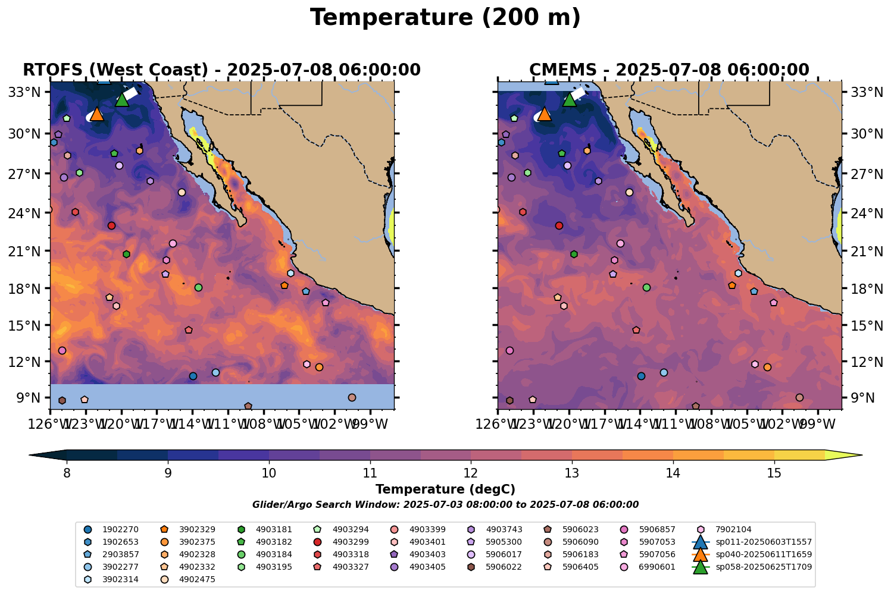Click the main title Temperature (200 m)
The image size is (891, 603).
[445, 18]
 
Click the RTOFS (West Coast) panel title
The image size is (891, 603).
[221, 70]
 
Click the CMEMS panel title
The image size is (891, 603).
[669, 70]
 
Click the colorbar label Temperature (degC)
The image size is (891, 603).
[445, 489]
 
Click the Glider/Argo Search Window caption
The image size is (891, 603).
[445, 505]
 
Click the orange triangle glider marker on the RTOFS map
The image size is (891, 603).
[96, 114]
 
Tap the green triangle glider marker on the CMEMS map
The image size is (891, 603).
[569, 99]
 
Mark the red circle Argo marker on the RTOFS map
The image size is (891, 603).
[111, 225]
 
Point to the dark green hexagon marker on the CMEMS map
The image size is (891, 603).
[574, 254]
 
